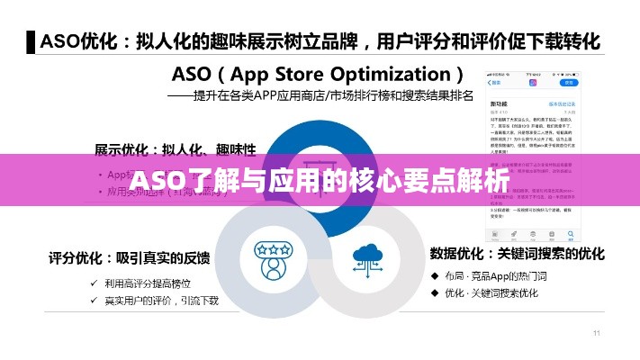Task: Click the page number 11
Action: coord(596,334)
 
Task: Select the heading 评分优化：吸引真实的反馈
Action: coord(130,258)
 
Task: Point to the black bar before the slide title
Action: coord(32,40)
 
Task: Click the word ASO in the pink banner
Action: coord(158,183)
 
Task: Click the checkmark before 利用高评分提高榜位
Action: coord(95,283)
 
